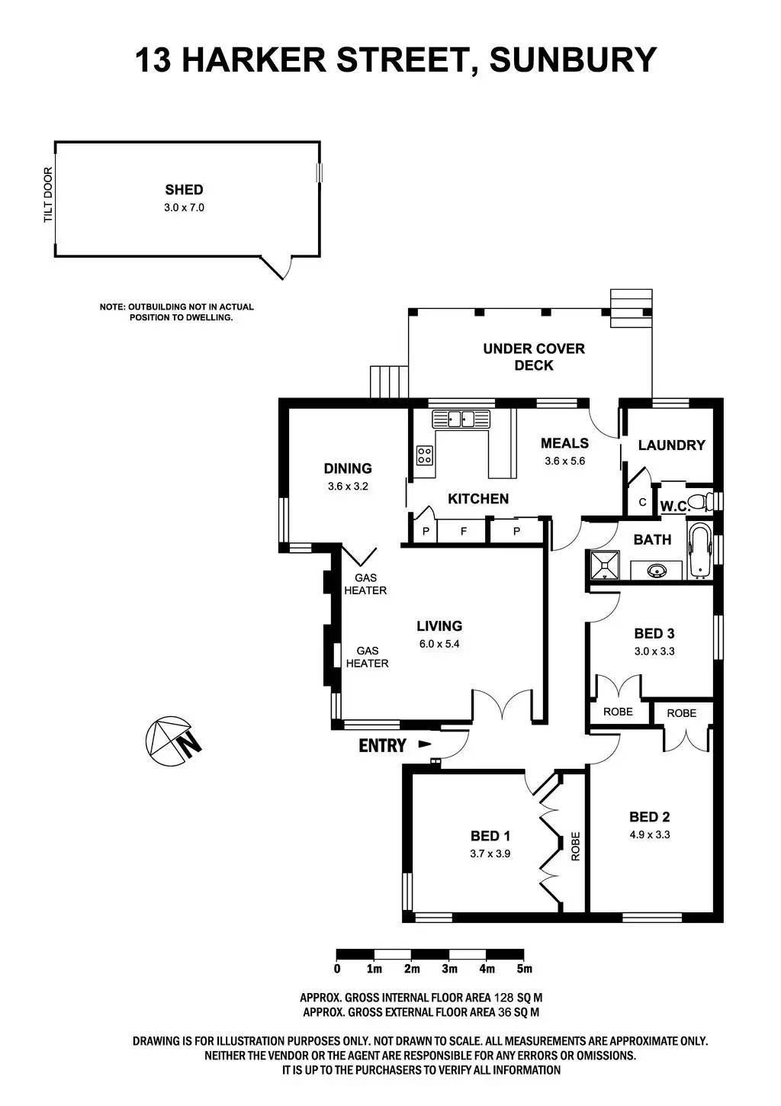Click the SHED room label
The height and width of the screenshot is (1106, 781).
[x=184, y=190]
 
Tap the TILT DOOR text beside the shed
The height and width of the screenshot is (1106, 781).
[x=48, y=195]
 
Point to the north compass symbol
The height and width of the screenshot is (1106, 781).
[x=172, y=741]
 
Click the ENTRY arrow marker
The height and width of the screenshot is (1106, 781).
[x=425, y=744]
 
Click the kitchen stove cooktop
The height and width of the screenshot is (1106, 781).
[x=424, y=455]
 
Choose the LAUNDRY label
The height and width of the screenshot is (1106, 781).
[x=671, y=445]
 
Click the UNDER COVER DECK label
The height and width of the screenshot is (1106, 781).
[x=534, y=357]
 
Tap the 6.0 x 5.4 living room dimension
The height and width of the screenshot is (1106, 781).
[x=439, y=643]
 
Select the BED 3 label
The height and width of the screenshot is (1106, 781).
[x=654, y=633]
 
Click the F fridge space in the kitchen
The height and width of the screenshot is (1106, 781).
[x=464, y=532]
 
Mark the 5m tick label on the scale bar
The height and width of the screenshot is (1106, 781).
[x=524, y=969]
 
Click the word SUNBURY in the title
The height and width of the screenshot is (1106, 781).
[x=572, y=59]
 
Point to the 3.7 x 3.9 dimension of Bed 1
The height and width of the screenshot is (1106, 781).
[x=490, y=854]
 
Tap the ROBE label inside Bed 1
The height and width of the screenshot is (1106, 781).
[x=576, y=846]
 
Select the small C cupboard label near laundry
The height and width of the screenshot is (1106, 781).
[x=642, y=503]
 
